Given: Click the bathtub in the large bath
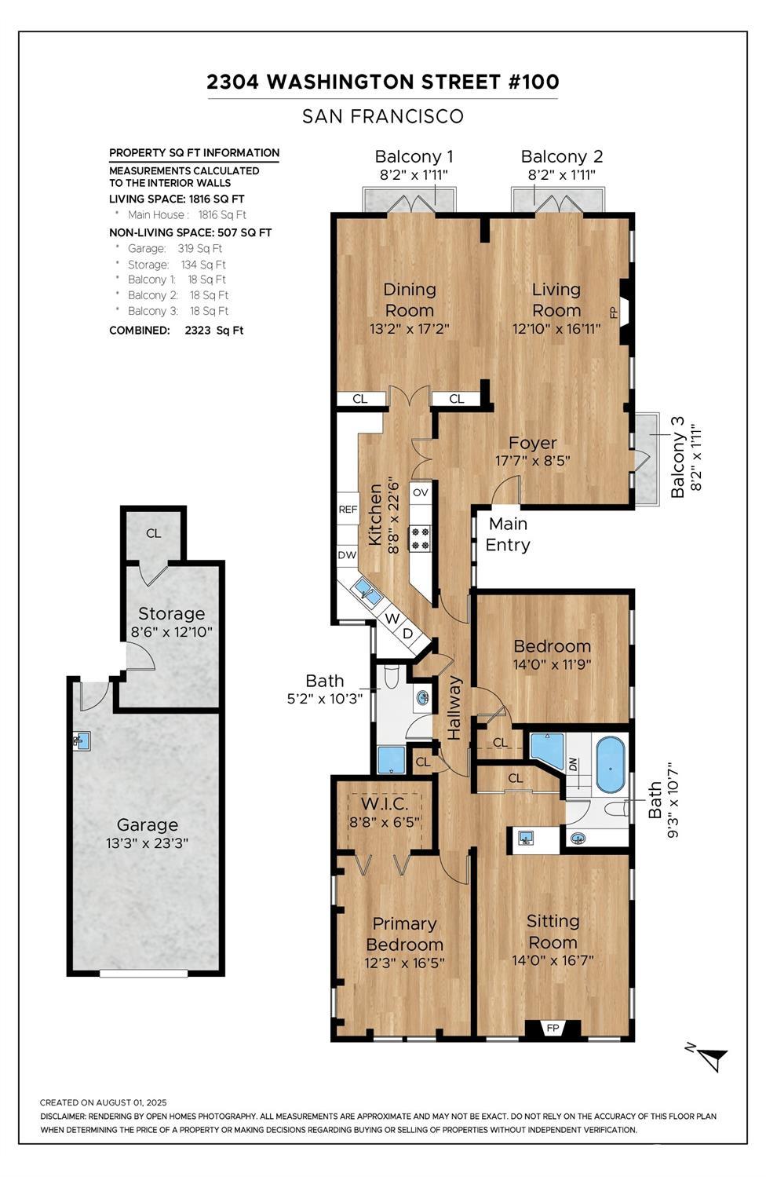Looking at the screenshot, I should tap(611, 765).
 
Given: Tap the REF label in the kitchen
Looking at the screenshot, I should tap(348, 510).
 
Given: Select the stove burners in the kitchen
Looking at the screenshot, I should tap(420, 538).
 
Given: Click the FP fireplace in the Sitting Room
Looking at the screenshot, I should tap(553, 1028).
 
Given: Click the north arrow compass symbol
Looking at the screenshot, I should tap(709, 1057).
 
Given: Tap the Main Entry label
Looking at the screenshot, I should tap(507, 534).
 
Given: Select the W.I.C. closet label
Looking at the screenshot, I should tap(385, 804).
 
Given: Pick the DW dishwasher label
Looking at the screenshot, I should tap(347, 555).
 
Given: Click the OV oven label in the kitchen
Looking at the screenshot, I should tap(421, 492).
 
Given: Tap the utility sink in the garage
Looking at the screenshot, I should tap(81, 740).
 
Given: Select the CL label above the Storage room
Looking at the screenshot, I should tap(153, 533).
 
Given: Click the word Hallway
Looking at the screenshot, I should tap(454, 707).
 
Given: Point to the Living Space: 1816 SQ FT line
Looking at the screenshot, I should tap(177, 199).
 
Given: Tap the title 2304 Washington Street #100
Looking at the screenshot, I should tap(382, 82).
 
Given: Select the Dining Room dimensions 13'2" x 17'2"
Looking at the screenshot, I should tap(409, 329).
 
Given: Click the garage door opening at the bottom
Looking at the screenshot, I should tap(144, 974).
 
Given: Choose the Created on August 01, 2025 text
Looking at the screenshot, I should tap(103, 1102).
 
